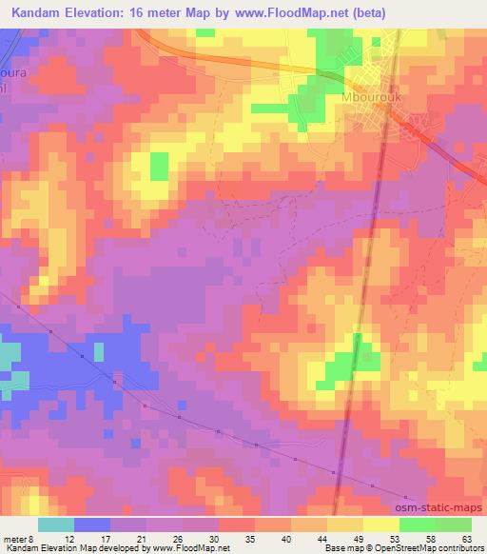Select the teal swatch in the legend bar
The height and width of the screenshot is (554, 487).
pos(56,524)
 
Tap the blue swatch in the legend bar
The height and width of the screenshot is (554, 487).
pos(92,524)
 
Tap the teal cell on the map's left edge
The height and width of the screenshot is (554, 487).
pos(9,357)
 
